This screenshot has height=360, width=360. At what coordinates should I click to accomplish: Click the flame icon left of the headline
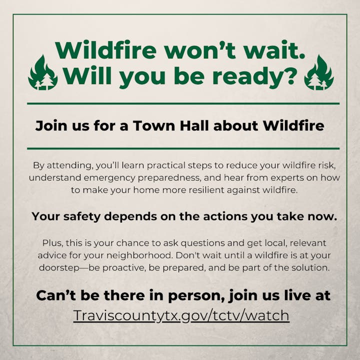click(42, 73)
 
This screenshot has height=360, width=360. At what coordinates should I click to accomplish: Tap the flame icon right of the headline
click(318, 73)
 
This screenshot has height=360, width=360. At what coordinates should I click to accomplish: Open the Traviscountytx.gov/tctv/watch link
click(181, 315)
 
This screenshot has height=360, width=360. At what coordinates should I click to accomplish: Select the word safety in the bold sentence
click(90, 216)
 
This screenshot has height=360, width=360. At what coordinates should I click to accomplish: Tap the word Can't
click(53, 295)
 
